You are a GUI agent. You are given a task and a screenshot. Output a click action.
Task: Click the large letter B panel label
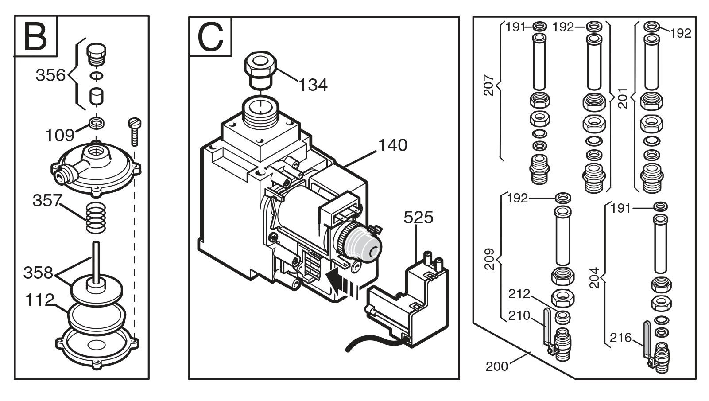35,37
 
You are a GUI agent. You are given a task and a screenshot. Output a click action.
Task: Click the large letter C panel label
210,37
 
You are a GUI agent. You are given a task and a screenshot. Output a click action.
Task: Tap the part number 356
50,75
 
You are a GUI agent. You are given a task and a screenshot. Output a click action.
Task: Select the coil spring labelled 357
96,218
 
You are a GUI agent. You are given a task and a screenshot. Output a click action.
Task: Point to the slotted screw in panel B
135,132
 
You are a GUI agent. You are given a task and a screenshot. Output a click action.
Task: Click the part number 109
60,136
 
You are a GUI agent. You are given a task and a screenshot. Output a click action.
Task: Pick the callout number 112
39,300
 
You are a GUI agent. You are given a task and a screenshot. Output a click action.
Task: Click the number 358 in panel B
38,273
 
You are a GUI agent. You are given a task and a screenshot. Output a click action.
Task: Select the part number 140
393,145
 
